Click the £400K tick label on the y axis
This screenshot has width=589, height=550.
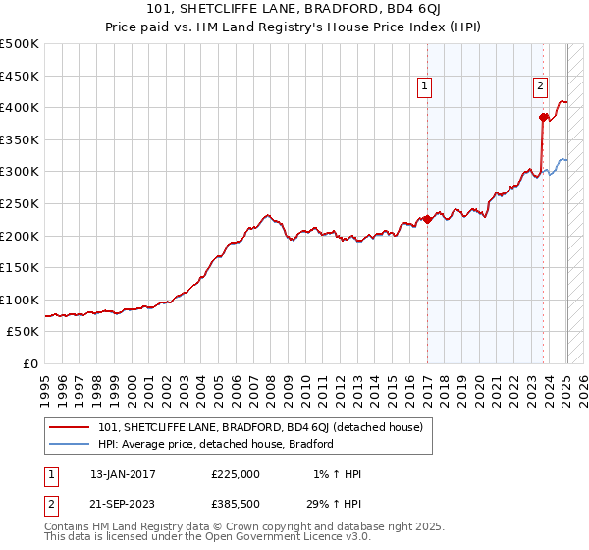pyautogui.click(x=20, y=107)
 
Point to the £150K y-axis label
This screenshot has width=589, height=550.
pyautogui.click(x=20, y=267)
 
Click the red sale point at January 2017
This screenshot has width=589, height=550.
pyautogui.click(x=428, y=220)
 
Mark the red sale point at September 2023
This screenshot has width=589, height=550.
pyautogui.click(x=543, y=117)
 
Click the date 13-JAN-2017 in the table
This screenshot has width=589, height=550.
pyautogui.click(x=123, y=474)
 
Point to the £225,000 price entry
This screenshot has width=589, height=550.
pyautogui.click(x=236, y=474)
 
